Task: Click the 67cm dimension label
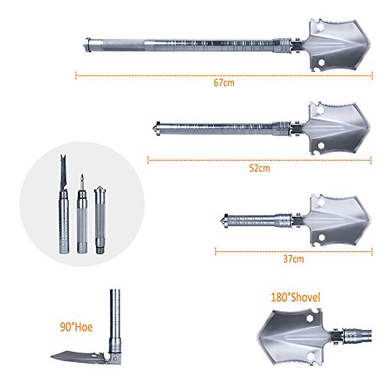pos(224,83)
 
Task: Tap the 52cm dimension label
pos(260,168)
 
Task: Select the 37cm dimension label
pos(293,259)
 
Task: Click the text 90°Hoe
pos(76,327)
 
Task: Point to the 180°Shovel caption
pos(296,297)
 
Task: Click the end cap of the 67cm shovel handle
pos(87,45)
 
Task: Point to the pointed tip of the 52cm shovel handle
pos(154,128)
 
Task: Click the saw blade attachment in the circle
pos(63,204)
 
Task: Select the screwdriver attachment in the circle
pos(82,214)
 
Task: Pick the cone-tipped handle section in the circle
pos(100,220)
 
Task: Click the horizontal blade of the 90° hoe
pos(80,357)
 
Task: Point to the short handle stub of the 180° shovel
pos(356,336)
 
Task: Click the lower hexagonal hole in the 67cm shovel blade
pos(321,62)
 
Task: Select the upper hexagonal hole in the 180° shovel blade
pos(309,318)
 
